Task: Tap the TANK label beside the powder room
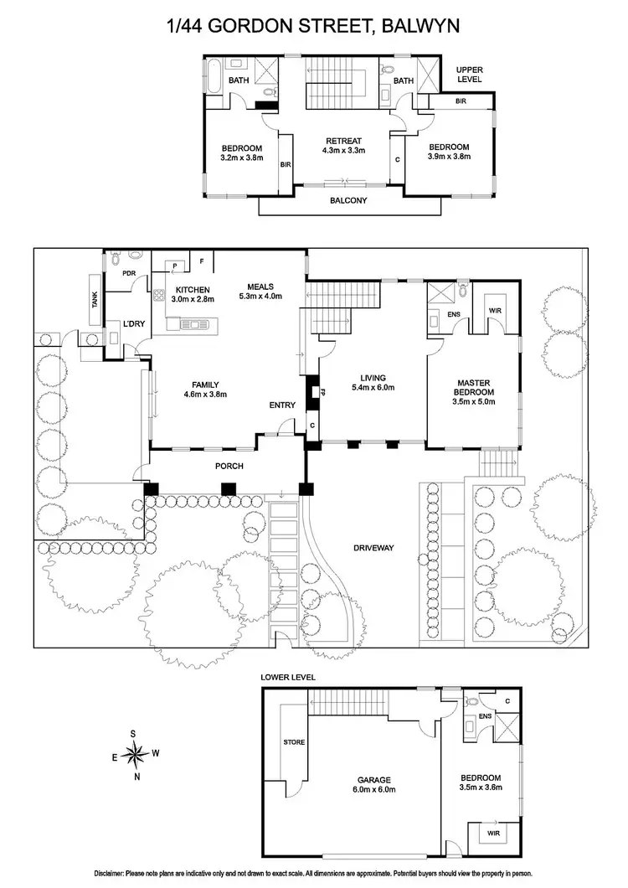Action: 94,299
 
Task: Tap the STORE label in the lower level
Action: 294,741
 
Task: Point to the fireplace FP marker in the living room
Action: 313,391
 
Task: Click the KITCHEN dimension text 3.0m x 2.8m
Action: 193,299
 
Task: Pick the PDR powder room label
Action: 129,273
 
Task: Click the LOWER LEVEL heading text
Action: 287,675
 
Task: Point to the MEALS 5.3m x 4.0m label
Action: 260,290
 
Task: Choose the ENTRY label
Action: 282,406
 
